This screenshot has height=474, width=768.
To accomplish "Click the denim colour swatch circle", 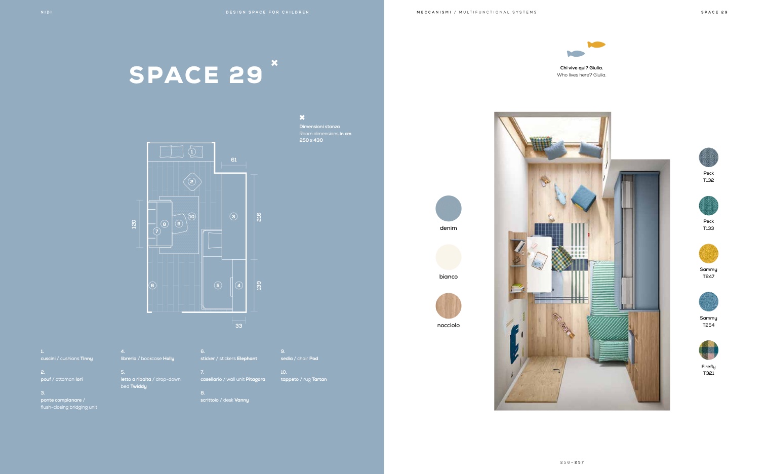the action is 448,208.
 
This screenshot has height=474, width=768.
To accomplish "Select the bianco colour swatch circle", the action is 448,257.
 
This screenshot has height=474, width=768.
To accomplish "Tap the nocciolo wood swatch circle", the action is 448,305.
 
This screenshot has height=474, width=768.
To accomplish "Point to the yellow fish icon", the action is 596,45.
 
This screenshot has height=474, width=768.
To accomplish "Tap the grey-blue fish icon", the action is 576,54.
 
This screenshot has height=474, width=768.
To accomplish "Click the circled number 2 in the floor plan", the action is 192,181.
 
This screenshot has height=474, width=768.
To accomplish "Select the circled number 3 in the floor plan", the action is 233,216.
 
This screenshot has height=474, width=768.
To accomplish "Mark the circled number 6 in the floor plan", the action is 152,285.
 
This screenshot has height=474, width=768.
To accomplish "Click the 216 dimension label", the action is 259,217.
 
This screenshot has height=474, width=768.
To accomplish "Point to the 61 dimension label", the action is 234,160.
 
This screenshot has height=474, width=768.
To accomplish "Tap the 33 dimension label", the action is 238,326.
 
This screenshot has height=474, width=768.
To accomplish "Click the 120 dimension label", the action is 134,224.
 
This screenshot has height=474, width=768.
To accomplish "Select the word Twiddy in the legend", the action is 139,386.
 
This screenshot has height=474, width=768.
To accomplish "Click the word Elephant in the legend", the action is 247,359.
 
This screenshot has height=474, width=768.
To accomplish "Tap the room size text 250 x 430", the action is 311,140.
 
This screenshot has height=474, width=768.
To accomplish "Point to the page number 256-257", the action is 572,462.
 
